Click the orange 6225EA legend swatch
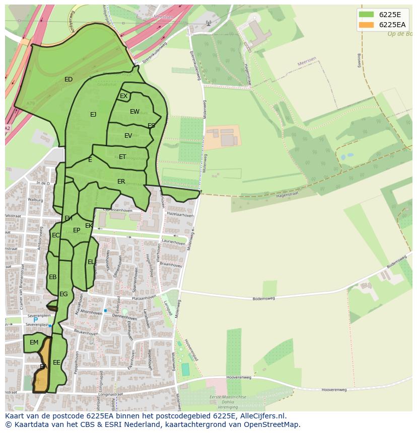coord(366,25)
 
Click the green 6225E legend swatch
coord(366,14)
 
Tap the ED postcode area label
coord(68,79)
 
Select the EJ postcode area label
coord(93,115)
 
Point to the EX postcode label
coord(123,96)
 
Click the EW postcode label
coord(134,112)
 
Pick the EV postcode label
coord(128,136)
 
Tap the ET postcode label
coord(122,157)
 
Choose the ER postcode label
coord(121,182)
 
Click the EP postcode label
coord(77,230)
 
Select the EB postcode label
coord(52,277)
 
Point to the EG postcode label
coord(63,294)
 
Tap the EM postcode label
coord(34,342)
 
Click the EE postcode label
coord(56,362)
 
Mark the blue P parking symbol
coord(35,320)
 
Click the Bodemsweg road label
coord(263,298)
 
